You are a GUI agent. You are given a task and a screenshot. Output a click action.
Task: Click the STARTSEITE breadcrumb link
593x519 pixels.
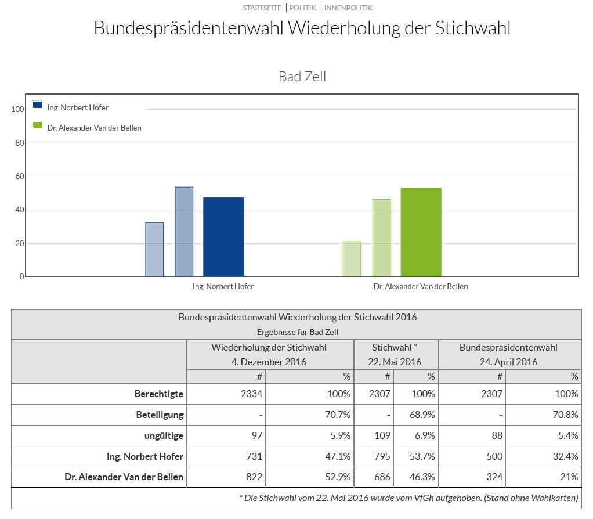point(262,8)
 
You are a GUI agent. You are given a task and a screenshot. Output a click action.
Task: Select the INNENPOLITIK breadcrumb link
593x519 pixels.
point(348,8)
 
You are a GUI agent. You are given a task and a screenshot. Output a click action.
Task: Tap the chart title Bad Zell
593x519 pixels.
point(302,76)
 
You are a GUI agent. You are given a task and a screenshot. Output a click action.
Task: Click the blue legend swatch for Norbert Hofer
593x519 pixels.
point(38,105)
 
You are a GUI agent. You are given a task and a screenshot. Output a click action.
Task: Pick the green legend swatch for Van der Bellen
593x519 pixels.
point(38,125)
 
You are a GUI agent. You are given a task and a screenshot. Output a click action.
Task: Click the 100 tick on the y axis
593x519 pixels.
point(18,109)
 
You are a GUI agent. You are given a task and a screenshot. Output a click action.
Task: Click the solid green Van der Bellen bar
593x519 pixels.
point(421,232)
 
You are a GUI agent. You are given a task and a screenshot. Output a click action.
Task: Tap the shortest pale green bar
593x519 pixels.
point(352,259)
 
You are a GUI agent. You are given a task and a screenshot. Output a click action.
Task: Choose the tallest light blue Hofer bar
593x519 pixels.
point(184,232)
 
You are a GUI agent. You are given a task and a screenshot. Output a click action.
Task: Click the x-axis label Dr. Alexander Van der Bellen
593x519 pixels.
point(421,286)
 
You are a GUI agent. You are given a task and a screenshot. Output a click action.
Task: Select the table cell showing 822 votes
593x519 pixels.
point(254,477)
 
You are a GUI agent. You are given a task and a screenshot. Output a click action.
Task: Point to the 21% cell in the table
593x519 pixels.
point(569,477)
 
